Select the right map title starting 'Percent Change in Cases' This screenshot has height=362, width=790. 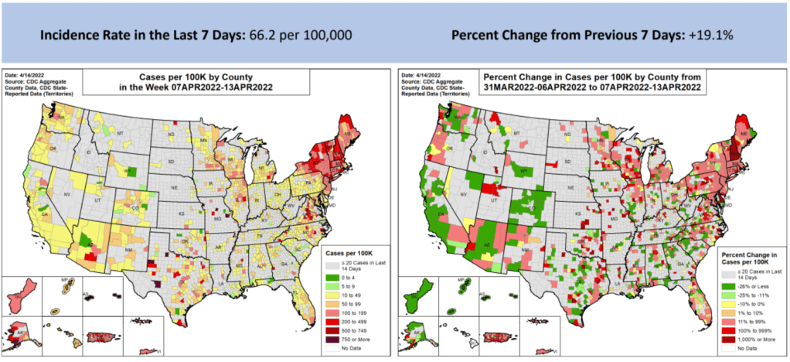[591, 77]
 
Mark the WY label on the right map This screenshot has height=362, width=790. [526, 169]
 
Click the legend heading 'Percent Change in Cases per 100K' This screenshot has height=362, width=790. [748, 258]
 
